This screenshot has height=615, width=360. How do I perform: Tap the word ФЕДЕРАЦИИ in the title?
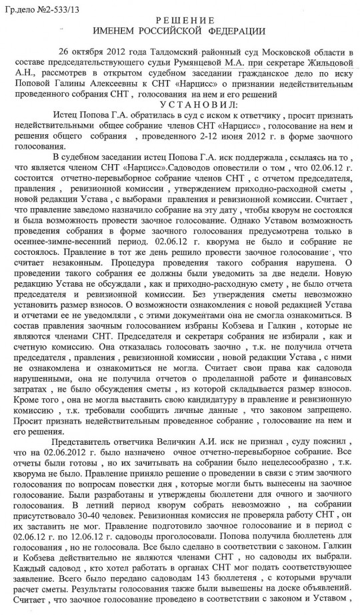235,31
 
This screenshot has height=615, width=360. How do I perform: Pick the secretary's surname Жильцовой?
323,63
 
